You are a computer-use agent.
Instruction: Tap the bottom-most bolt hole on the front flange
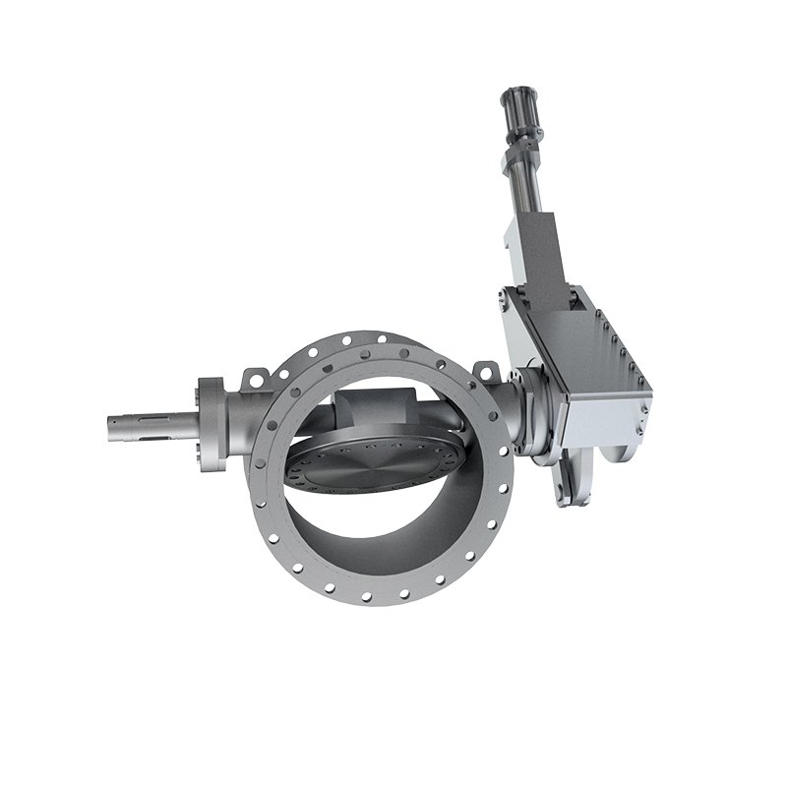(x=366, y=596)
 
